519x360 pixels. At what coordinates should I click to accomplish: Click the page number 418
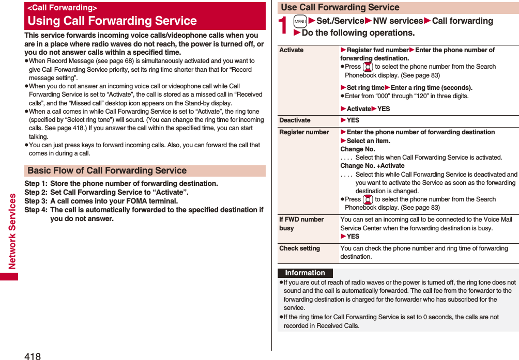click(x=32, y=355)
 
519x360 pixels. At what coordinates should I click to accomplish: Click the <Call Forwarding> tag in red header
click(x=62, y=8)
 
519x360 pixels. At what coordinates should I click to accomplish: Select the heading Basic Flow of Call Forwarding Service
click(x=107, y=170)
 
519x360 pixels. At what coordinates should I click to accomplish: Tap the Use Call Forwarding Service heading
click(x=340, y=7)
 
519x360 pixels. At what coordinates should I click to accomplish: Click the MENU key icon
click(x=300, y=21)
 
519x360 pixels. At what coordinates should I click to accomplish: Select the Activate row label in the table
click(x=292, y=50)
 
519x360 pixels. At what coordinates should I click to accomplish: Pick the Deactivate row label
click(x=295, y=120)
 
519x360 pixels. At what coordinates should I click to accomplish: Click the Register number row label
click(x=304, y=132)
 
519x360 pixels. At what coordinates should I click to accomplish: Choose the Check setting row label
click(x=299, y=248)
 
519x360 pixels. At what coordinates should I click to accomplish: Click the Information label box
click(x=305, y=273)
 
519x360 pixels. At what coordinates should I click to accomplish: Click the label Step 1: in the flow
click(x=36, y=183)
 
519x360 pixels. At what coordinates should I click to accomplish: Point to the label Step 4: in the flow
click(x=36, y=210)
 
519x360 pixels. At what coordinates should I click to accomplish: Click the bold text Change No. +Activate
click(x=372, y=166)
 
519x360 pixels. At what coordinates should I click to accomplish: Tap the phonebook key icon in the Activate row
click(x=368, y=67)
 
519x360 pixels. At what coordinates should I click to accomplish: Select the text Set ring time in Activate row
click(x=365, y=88)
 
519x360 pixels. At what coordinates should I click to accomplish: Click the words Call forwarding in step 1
click(x=462, y=21)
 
